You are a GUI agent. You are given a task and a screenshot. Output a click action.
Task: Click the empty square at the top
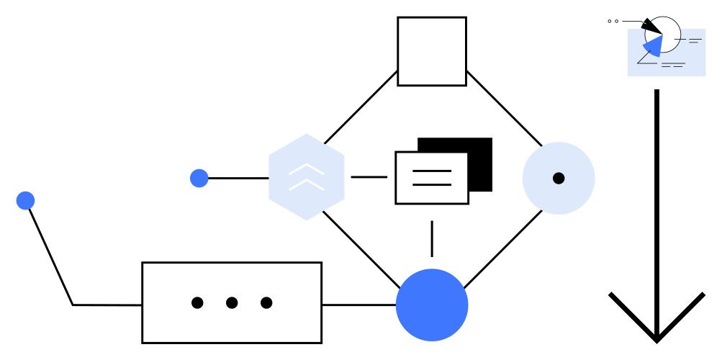click(x=432, y=51)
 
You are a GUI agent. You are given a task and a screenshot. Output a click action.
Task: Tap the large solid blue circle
click(x=432, y=305)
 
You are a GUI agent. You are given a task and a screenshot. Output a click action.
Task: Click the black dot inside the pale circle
click(x=559, y=178)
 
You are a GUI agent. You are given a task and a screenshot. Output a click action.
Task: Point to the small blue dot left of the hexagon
click(x=199, y=178)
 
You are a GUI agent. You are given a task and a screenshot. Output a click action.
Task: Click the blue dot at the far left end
click(x=26, y=200)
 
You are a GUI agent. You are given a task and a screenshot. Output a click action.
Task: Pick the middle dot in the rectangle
click(x=232, y=303)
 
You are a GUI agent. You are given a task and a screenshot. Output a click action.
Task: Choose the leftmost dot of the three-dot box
click(x=197, y=303)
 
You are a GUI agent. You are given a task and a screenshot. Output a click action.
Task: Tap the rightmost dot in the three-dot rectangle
click(x=266, y=303)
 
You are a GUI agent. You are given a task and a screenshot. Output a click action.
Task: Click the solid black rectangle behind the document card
click(x=481, y=148)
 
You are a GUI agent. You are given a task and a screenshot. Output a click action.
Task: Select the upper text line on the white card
click(x=432, y=171)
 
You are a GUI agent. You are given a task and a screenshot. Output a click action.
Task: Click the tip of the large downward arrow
click(x=656, y=338)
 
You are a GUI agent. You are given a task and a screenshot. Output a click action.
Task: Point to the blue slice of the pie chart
click(x=653, y=47)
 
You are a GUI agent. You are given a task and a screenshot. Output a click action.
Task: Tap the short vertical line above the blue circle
click(x=432, y=238)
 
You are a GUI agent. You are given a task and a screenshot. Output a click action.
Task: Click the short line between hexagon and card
click(x=369, y=177)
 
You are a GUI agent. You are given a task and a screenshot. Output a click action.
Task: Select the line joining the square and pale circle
click(x=504, y=108)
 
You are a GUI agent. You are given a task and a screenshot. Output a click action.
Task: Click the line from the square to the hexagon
click(x=360, y=108)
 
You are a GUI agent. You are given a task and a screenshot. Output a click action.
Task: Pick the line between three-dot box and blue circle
click(x=358, y=305)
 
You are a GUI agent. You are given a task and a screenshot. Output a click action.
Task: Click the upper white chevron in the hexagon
click(x=306, y=169)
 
